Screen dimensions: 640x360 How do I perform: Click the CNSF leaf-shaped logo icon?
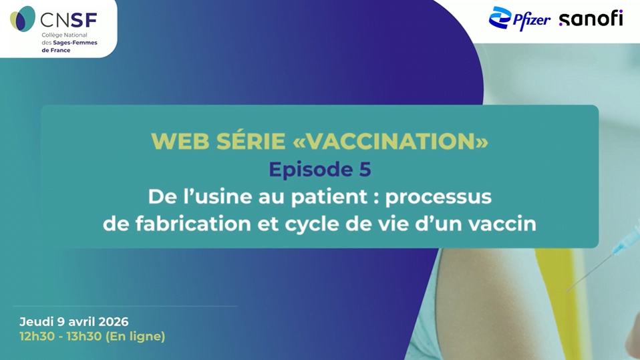pos(23,19)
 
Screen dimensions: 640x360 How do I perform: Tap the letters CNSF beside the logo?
pos(69,19)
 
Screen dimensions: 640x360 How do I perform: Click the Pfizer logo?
pos(519,19)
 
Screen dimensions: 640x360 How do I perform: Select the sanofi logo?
pos(591,19)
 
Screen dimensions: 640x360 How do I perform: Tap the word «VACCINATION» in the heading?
pos(391,141)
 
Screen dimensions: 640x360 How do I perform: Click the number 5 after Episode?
pos(365,169)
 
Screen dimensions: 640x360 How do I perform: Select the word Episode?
pos(311,170)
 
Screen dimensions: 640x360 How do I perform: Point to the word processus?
pos(438,197)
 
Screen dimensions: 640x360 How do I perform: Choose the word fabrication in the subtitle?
pos(193,224)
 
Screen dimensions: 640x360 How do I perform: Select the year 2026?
pos(113,322)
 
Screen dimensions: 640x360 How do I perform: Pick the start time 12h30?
pos(37,337)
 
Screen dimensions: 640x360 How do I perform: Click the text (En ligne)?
pos(135,337)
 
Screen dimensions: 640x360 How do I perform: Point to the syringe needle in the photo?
pos(589,272)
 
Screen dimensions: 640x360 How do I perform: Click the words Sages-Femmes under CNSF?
pos(75,43)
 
